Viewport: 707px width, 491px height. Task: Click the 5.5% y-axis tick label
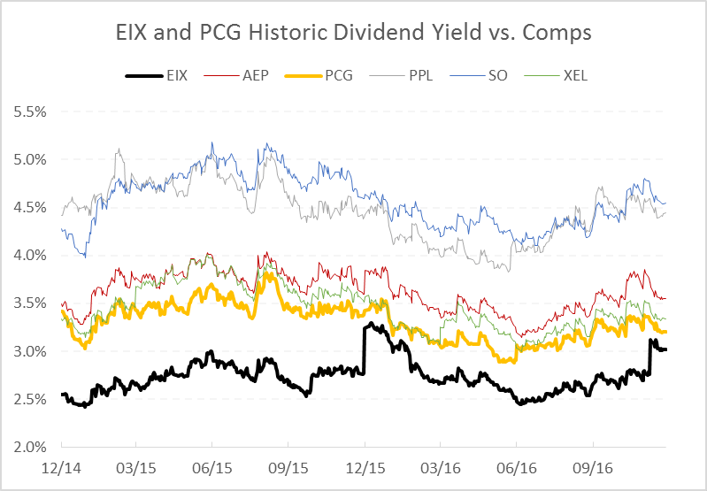click(x=32, y=112)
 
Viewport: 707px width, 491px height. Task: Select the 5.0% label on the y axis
click(x=32, y=160)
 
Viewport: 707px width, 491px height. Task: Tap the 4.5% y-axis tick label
click(x=32, y=208)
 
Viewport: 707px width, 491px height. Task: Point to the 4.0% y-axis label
click(x=32, y=256)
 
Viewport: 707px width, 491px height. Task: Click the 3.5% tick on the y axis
click(x=32, y=303)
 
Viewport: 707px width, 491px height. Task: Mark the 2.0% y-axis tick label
click(x=32, y=447)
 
